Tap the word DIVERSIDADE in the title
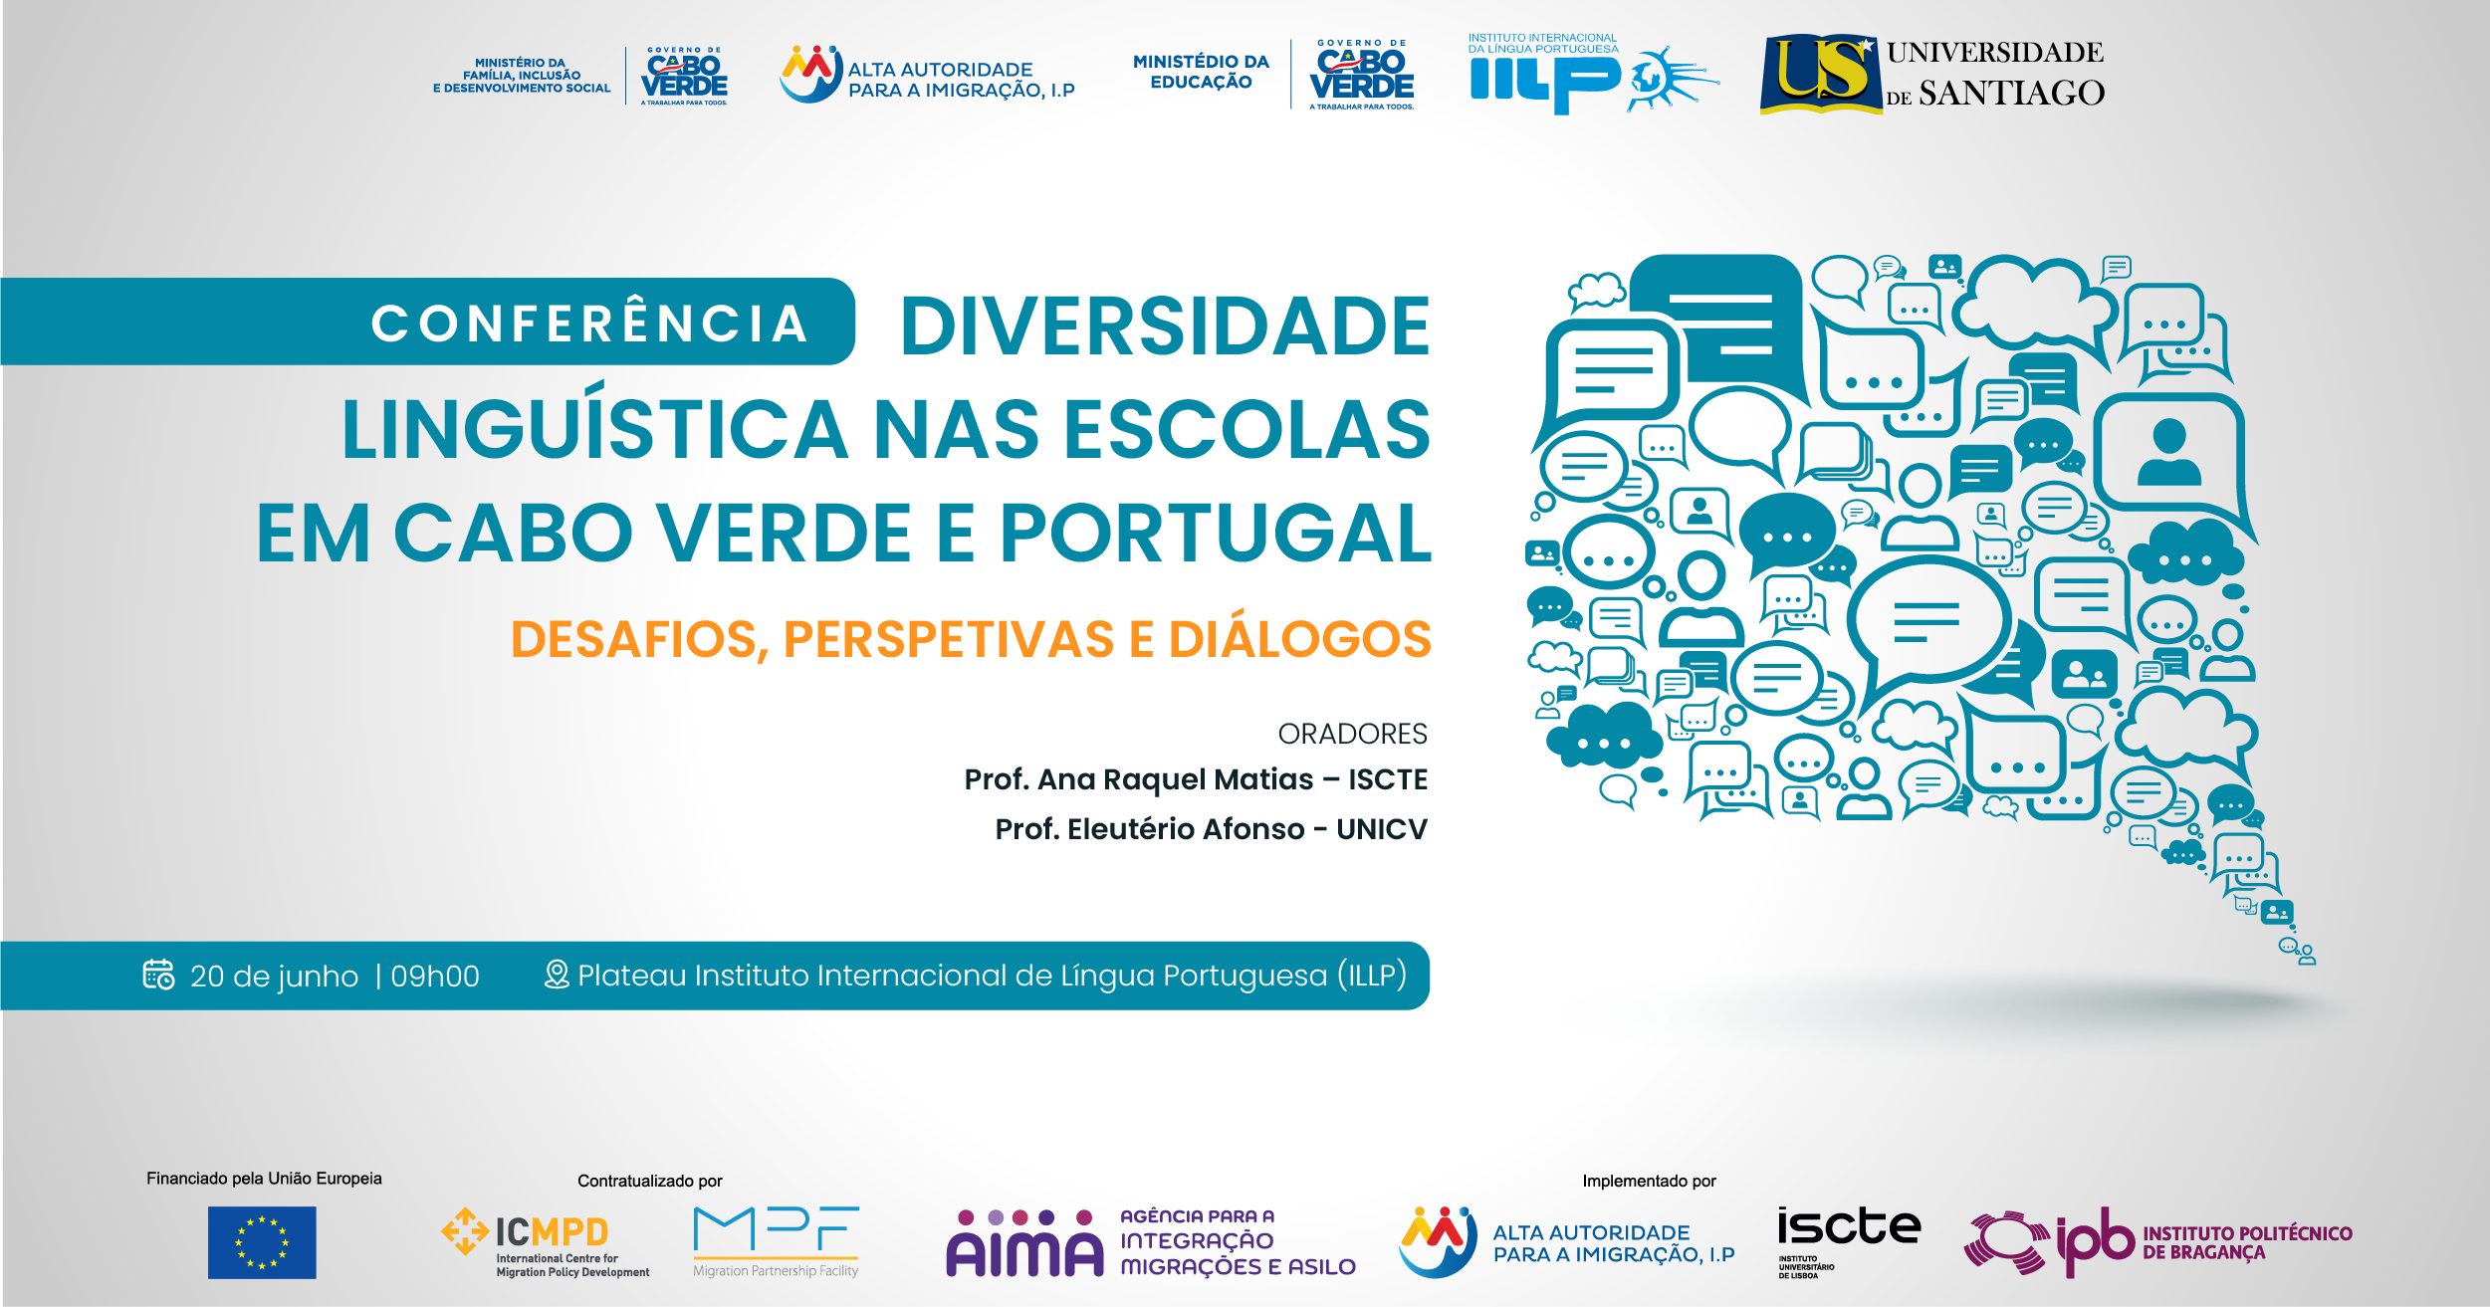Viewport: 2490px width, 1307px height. point(1166,326)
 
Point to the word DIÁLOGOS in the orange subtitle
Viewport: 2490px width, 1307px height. point(1299,638)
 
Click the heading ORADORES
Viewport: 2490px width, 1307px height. point(1352,734)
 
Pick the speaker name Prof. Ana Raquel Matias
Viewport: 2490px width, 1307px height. point(1139,779)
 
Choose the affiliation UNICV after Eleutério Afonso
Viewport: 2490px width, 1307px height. point(1381,829)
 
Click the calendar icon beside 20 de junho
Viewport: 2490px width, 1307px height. point(159,974)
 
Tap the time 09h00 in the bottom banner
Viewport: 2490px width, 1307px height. point(435,976)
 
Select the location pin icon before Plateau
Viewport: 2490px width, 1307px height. point(557,975)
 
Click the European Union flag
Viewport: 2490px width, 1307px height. point(262,1242)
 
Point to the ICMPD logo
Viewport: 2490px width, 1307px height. point(545,1242)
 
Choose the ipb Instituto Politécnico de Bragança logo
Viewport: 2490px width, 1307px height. point(2157,1242)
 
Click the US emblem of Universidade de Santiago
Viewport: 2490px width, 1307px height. point(1821,74)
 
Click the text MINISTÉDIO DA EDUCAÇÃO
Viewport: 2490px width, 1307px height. point(1201,72)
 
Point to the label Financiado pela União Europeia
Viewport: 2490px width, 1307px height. point(264,1179)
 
